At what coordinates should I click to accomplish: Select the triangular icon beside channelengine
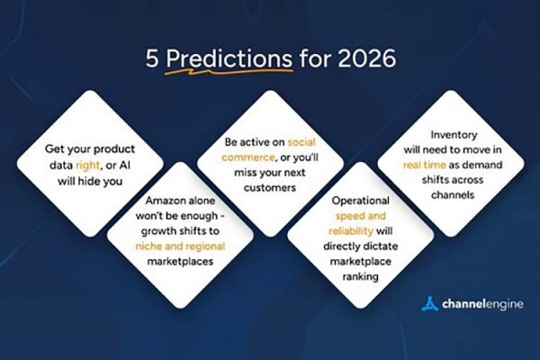click(433, 303)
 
